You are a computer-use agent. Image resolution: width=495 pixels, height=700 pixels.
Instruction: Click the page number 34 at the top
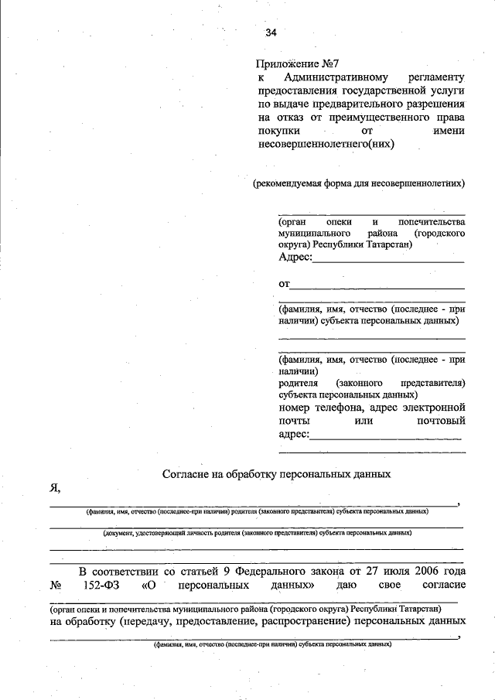coord(271,32)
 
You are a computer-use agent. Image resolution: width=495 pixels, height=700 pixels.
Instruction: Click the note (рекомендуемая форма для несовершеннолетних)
coord(359,184)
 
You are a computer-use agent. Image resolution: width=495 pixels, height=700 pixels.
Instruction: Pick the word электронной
coord(433,407)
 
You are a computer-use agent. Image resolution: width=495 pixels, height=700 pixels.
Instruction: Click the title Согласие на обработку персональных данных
coord(277,473)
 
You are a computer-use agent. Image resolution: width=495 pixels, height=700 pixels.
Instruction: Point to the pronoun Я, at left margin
coord(56,488)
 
